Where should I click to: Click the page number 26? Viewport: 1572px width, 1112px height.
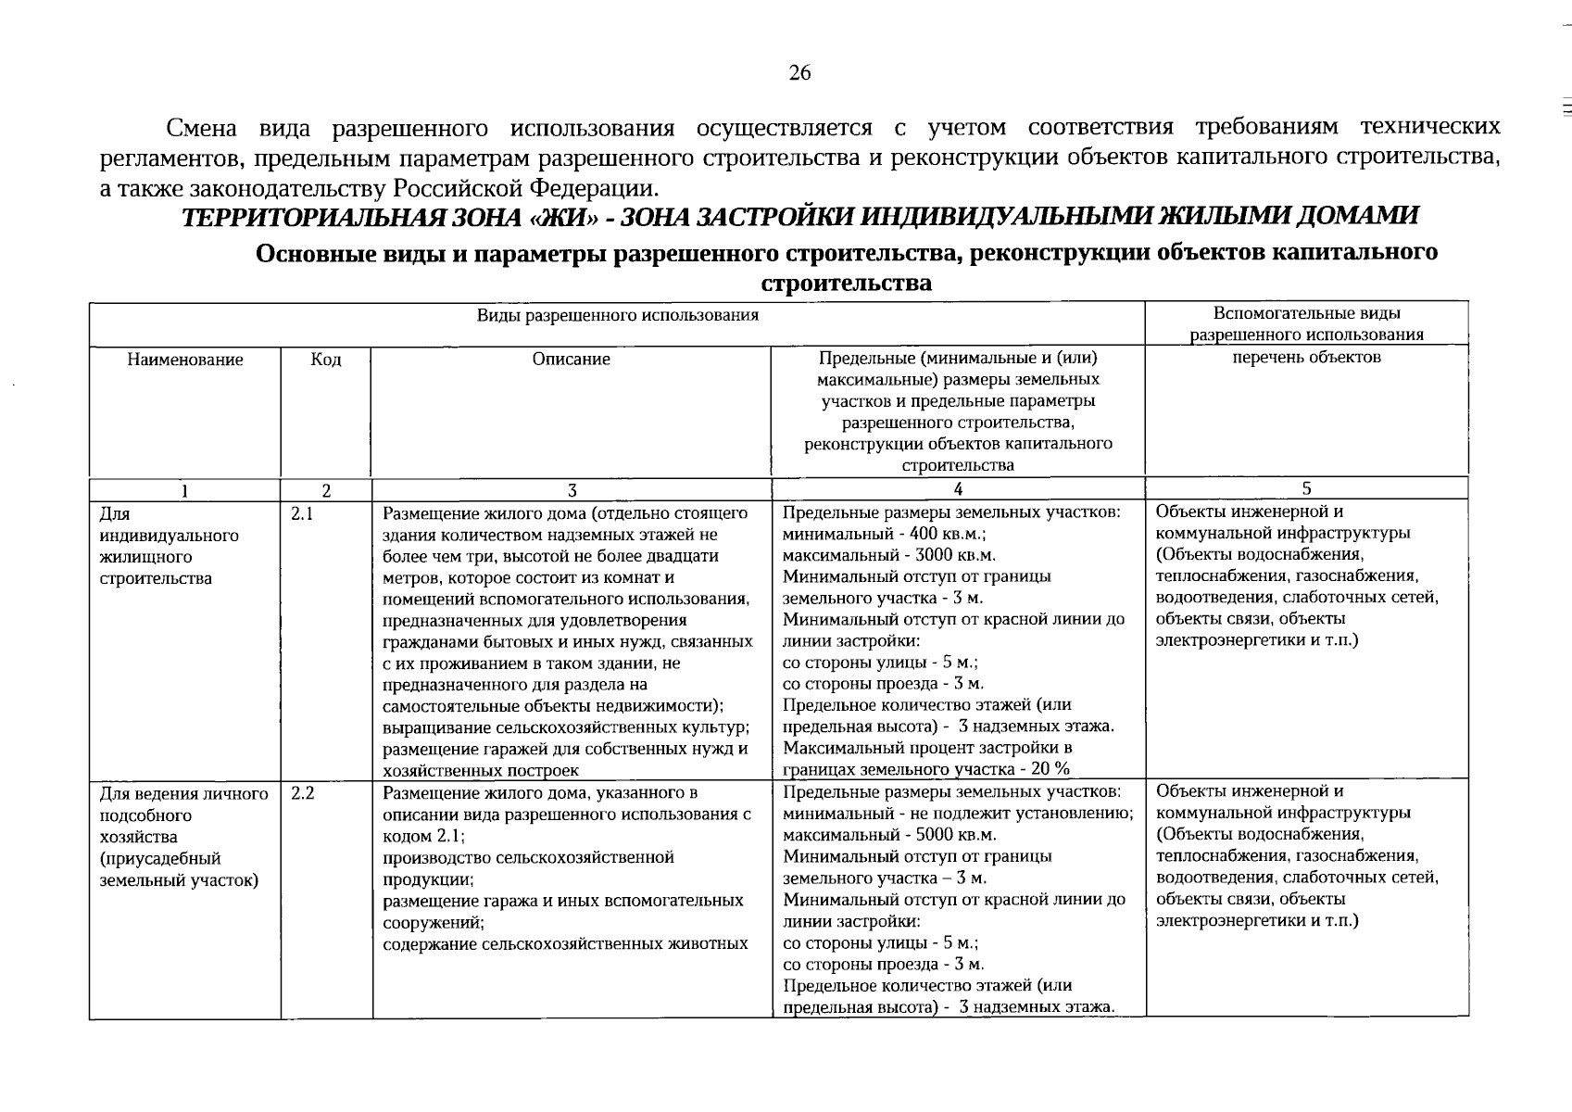click(799, 73)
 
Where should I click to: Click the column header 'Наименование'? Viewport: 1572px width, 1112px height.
click(185, 360)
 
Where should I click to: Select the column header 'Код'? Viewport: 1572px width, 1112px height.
click(326, 360)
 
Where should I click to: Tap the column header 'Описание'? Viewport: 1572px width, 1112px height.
click(572, 360)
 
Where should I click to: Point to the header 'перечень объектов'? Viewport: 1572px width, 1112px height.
click(1306, 357)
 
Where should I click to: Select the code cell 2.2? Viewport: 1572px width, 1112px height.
click(302, 793)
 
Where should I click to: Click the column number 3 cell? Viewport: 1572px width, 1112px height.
click(572, 490)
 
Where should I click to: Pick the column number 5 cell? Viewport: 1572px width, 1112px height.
click(1306, 488)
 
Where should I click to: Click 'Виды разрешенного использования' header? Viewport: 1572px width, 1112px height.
click(618, 316)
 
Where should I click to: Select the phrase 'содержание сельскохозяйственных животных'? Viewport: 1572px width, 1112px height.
click(565, 944)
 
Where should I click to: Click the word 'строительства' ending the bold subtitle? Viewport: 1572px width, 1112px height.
click(846, 283)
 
